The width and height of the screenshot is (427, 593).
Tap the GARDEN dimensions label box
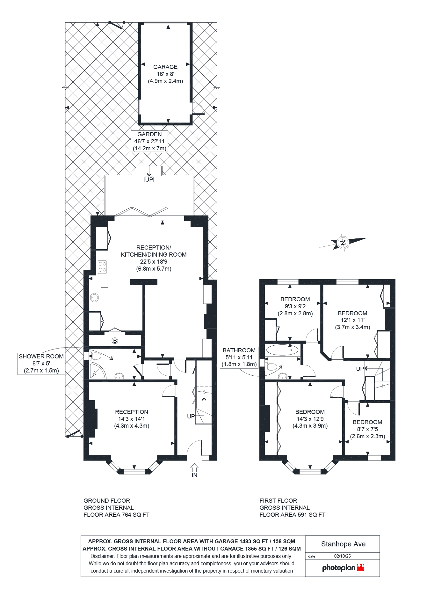[x=149, y=141]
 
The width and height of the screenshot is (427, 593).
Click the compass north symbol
[x=343, y=243]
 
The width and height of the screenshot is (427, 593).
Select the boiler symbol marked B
[x=115, y=341]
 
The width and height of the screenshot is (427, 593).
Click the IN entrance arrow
[x=194, y=471]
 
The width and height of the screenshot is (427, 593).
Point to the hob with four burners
[x=102, y=267]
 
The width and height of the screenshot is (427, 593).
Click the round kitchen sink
[x=94, y=297]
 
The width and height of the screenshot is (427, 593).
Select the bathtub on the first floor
[x=282, y=350]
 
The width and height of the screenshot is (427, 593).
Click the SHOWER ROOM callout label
[x=41, y=364]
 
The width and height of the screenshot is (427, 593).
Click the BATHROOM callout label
[x=239, y=357]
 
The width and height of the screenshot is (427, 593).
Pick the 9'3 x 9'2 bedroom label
[x=295, y=306]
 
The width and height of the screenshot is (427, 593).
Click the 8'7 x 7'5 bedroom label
[x=367, y=429]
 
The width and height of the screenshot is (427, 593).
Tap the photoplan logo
[x=343, y=567]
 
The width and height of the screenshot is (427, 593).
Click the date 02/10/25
[x=342, y=556]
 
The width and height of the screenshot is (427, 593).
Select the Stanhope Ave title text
[x=343, y=544]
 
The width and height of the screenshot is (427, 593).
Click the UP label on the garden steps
[x=149, y=179]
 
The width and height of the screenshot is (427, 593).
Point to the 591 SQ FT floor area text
[x=293, y=514]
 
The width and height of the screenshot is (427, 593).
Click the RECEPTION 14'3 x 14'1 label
[x=132, y=419]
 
